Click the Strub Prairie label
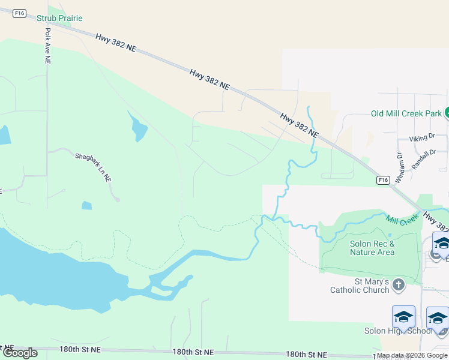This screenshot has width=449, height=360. (59, 19)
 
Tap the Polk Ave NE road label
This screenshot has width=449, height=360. (47, 46)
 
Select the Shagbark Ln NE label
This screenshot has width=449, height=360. (93, 167)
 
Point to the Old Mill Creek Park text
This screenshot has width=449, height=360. (406, 113)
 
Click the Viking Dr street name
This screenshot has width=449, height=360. (421, 138)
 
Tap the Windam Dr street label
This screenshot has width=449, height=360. (400, 168)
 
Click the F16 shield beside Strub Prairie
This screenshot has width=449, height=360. (20, 13)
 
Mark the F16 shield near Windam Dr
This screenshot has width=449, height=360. (383, 179)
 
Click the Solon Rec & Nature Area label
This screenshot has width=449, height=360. (372, 248)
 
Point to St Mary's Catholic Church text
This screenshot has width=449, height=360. (360, 286)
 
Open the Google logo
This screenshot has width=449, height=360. (20, 352)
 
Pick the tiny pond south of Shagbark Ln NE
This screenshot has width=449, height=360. (87, 205)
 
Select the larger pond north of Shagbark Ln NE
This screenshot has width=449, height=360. (138, 127)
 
